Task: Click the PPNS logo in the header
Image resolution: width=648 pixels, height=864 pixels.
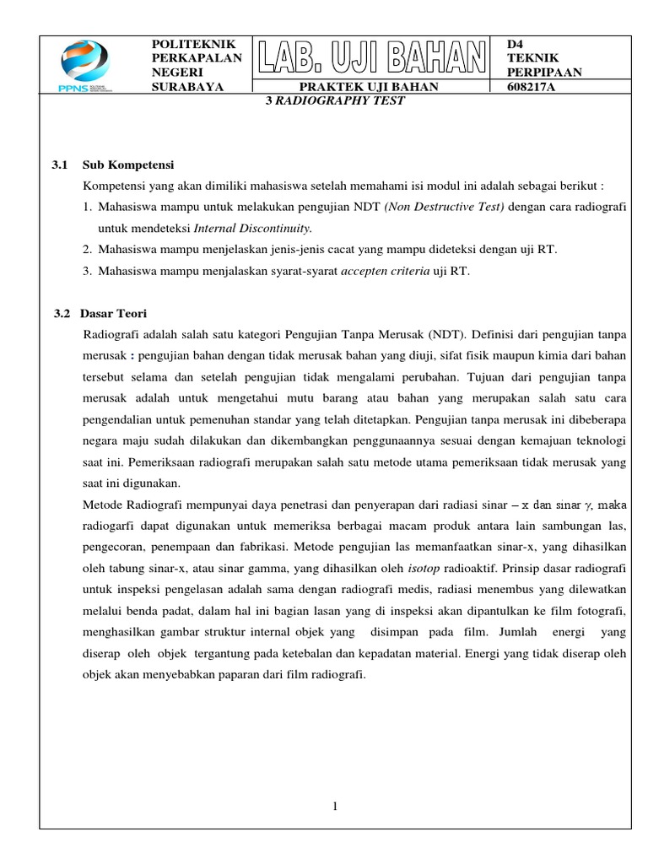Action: (84, 66)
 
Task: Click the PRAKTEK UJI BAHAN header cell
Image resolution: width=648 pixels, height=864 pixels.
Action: (370, 87)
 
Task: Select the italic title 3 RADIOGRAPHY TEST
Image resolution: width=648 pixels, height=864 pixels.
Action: (336, 100)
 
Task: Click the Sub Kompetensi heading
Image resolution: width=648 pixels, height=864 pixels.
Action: (128, 165)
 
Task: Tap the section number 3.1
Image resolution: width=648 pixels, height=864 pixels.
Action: (61, 165)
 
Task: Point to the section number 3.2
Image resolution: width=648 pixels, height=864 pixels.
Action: (62, 313)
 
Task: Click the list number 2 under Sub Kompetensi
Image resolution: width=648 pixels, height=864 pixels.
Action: (87, 249)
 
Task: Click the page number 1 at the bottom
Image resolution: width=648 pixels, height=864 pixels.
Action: (335, 807)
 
